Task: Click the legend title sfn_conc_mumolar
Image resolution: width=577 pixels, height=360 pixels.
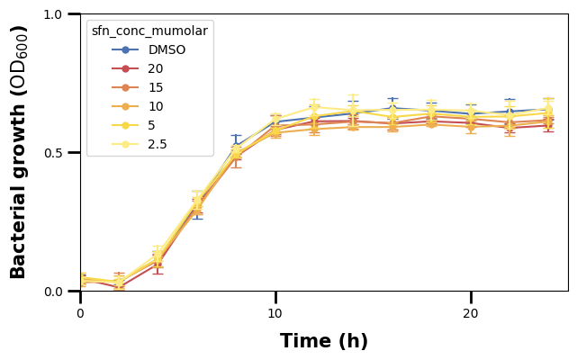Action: coord(149,31)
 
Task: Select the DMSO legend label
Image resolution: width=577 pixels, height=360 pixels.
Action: coord(167,50)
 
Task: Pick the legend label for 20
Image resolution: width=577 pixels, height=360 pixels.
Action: coord(156,69)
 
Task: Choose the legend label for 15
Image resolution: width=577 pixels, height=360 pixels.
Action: coord(156,88)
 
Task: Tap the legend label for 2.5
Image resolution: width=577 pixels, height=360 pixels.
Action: coord(158,145)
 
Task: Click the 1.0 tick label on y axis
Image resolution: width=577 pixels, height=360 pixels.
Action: coord(53,14)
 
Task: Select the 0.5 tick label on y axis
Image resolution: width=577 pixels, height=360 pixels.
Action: coord(53,153)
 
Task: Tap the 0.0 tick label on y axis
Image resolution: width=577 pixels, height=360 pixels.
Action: coord(53,292)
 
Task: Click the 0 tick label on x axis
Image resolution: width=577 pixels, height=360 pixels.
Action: coord(80,313)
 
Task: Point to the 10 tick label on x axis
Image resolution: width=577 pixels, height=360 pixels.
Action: coord(275,313)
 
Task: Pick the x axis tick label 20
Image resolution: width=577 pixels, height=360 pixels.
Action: coord(471,313)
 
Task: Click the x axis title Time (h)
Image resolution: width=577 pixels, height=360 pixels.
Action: coord(324,342)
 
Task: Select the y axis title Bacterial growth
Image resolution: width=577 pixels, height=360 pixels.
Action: coord(20,152)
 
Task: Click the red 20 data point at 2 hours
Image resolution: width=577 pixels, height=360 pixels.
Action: coord(119,287)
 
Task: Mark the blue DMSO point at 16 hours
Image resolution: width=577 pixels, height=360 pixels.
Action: coord(392,108)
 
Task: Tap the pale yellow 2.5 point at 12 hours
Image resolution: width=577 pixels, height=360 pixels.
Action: coord(314,107)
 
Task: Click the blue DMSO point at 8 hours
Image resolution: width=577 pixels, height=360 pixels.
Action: coord(237,146)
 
